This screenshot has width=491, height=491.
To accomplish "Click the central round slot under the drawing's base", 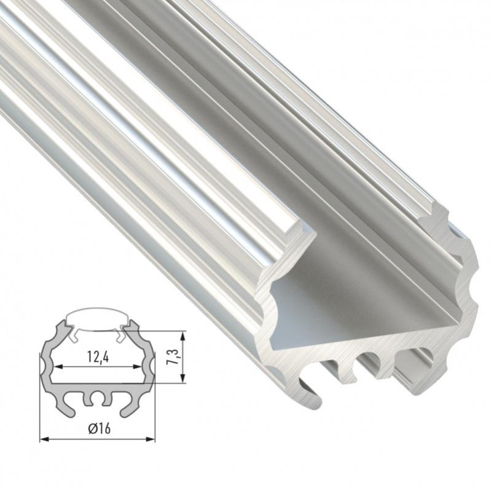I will (x=98, y=400).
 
